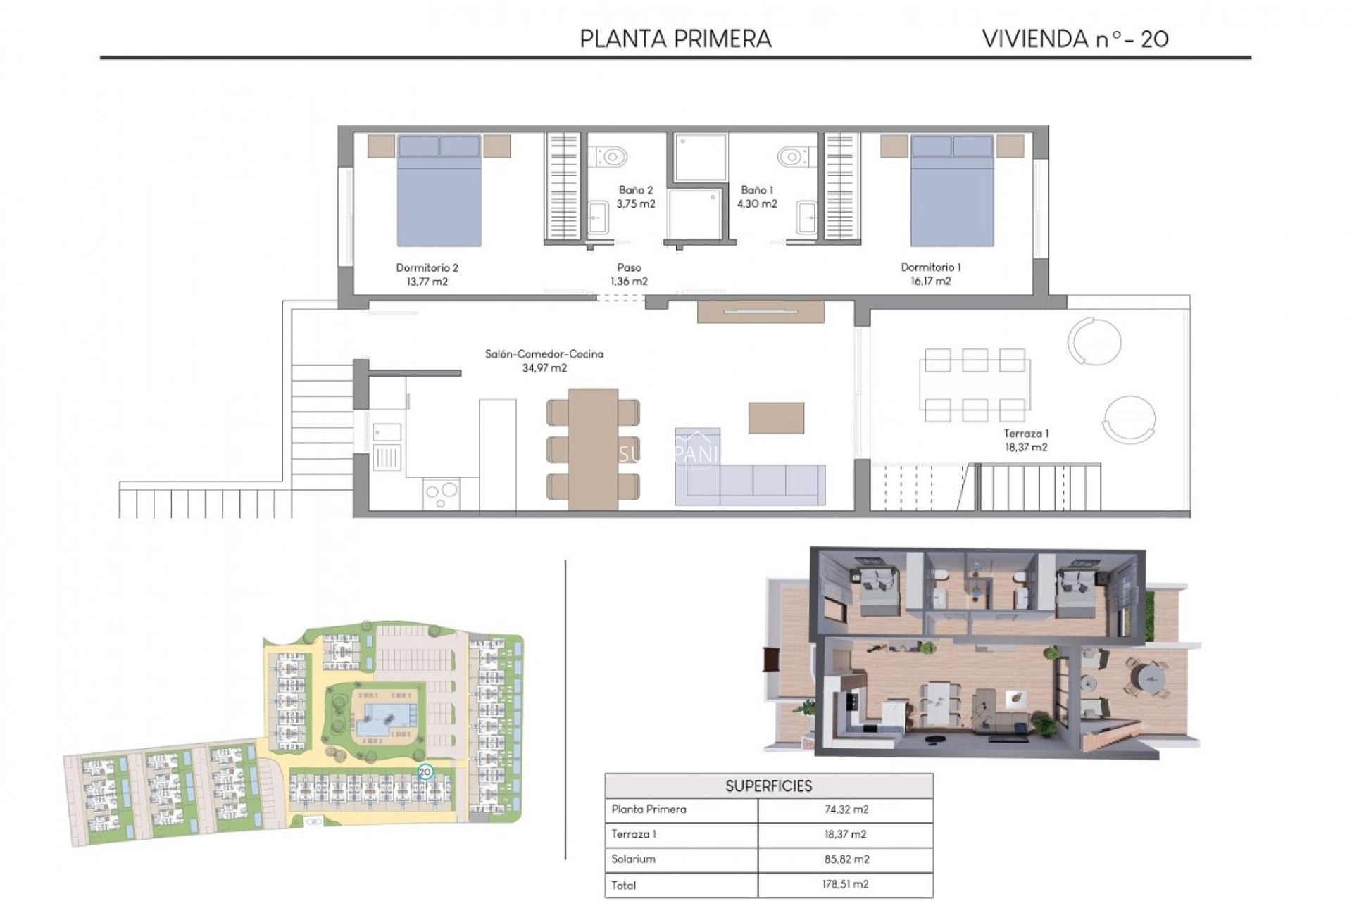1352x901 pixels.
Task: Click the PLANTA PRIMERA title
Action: point(675,39)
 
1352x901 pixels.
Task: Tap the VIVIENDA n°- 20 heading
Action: point(1075,39)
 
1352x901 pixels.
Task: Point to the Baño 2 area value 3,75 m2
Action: point(636,204)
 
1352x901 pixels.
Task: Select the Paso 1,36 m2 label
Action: point(629,275)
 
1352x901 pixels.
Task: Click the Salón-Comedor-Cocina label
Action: point(544,354)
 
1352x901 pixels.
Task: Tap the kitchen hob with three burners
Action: point(442,493)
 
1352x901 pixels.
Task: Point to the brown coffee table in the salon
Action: point(776,417)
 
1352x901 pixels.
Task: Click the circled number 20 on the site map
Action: point(425,772)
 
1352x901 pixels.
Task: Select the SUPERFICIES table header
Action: point(768,786)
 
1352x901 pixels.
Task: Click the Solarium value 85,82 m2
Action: point(846,859)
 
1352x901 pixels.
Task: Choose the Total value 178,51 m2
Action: point(846,885)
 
